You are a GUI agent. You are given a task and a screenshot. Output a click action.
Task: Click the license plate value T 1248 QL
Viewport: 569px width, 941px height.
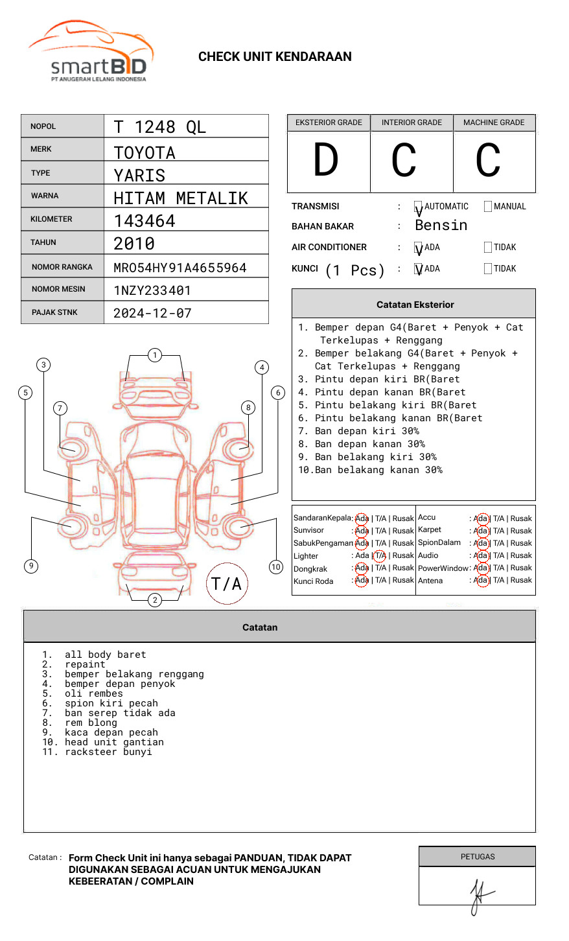click(x=159, y=127)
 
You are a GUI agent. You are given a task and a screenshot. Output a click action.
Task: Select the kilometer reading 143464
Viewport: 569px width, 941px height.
click(x=145, y=221)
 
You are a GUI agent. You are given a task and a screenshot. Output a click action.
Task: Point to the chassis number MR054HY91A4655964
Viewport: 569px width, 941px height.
click(x=180, y=268)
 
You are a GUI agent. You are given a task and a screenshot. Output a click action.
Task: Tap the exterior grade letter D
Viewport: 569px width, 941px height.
click(x=326, y=160)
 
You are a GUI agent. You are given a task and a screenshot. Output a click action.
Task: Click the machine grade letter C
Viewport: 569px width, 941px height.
click(x=488, y=160)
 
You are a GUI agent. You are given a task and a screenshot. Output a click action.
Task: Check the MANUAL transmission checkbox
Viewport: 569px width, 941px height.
click(x=488, y=207)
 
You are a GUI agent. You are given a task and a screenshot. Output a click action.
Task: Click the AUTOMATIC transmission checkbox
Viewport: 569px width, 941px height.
click(x=419, y=207)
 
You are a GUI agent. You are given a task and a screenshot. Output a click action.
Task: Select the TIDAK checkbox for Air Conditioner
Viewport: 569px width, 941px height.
click(x=488, y=248)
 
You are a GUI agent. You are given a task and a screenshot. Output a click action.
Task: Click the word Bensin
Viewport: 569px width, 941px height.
click(x=441, y=226)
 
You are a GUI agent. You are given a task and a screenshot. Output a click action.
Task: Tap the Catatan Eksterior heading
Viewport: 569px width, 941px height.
click(x=415, y=305)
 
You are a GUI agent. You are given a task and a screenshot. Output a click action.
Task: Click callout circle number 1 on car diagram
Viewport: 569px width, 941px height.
click(x=155, y=355)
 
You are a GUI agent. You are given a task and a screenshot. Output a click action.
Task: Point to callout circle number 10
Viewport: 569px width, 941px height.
click(x=276, y=567)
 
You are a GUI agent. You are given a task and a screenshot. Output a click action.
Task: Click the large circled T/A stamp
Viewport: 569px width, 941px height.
click(x=226, y=584)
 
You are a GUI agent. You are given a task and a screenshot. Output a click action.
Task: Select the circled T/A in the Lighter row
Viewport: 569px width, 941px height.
click(x=380, y=555)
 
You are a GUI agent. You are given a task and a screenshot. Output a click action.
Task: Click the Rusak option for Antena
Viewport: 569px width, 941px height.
click(x=521, y=580)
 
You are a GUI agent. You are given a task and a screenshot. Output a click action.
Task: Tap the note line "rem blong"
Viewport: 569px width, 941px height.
click(x=91, y=723)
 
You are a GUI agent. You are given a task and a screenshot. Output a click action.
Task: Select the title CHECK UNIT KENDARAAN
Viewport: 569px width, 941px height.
click(x=275, y=57)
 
